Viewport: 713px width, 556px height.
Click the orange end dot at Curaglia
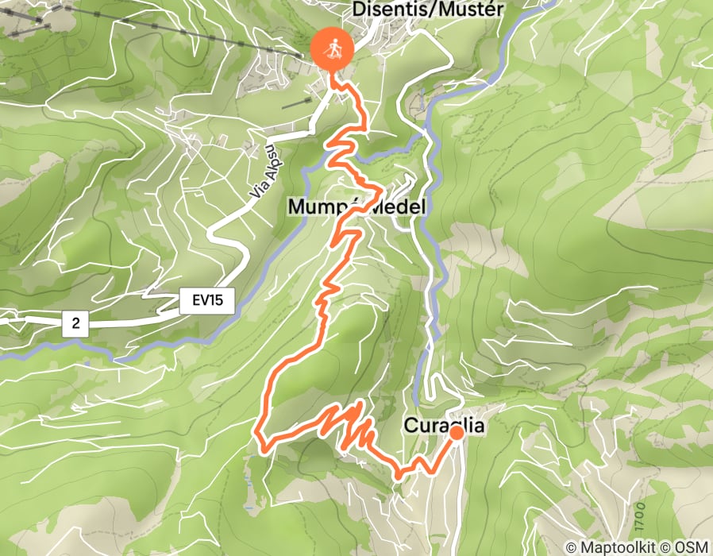click(x=457, y=433)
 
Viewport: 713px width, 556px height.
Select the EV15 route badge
click(x=206, y=300)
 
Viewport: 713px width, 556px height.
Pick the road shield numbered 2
click(x=75, y=322)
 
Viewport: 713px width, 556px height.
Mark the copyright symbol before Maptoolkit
click(x=572, y=547)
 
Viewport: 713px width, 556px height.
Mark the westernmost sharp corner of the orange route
click(x=257, y=434)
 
